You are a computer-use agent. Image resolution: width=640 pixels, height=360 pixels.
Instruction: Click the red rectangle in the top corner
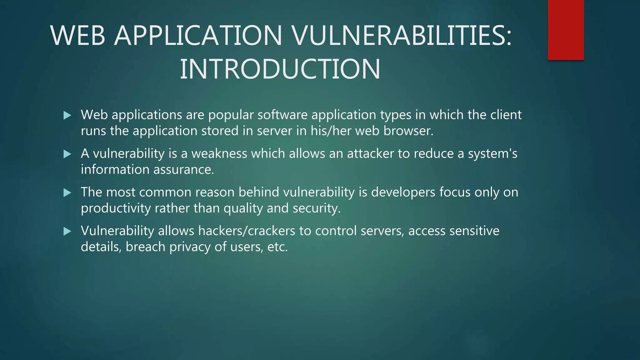click(566, 30)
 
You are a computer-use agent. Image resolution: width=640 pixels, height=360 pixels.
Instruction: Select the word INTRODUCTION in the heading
click(280, 69)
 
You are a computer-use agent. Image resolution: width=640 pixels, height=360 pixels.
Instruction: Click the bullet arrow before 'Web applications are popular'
click(67, 116)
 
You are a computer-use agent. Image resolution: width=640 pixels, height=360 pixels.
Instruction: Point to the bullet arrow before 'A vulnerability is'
click(67, 154)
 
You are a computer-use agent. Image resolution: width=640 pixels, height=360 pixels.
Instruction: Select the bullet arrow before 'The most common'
click(67, 193)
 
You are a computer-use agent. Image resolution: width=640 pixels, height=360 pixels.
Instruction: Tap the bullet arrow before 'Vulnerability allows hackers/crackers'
click(67, 232)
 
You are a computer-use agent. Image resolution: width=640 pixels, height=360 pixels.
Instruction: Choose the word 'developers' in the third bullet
click(403, 192)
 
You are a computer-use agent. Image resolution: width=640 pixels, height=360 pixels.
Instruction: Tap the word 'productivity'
click(116, 208)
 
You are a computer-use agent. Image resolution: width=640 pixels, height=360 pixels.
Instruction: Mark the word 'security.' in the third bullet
click(316, 208)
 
